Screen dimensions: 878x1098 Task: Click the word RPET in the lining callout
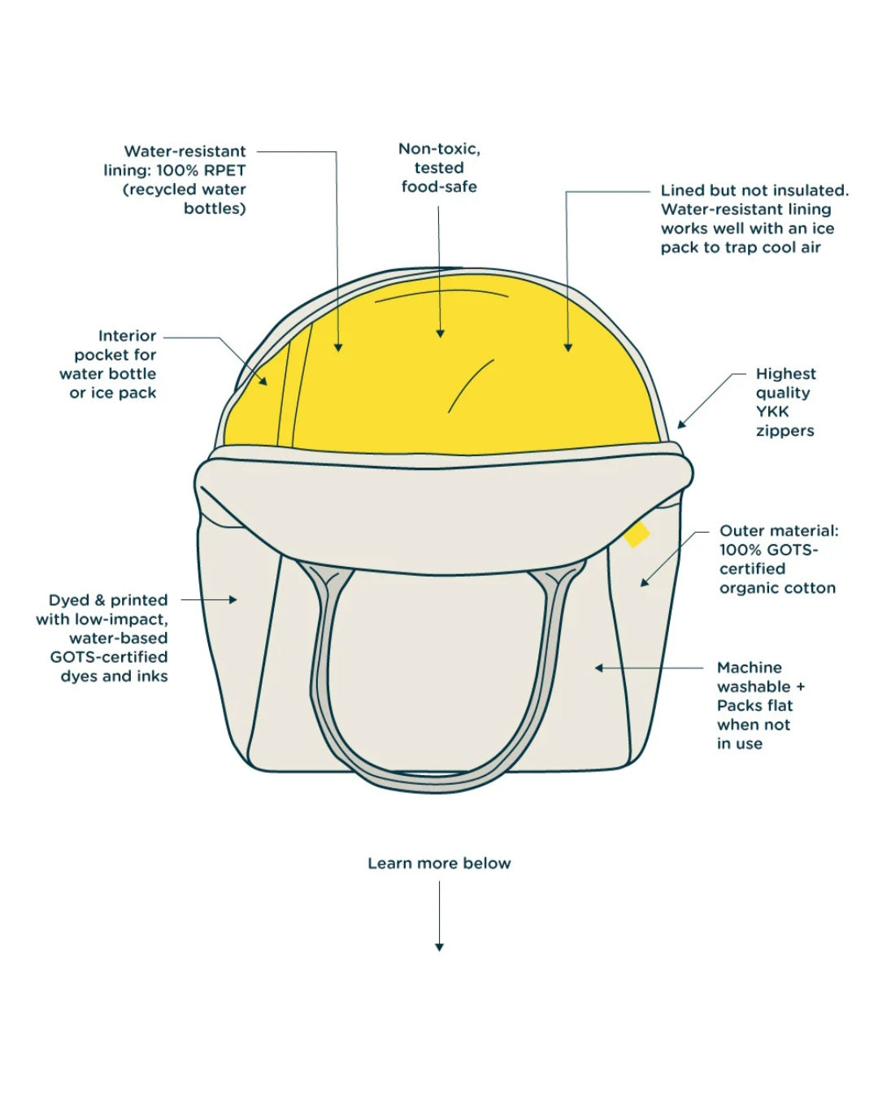(224, 170)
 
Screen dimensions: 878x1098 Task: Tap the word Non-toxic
(439, 149)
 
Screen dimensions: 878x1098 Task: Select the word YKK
(772, 412)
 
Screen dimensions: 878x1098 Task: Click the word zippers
(785, 431)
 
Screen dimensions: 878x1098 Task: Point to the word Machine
(749, 668)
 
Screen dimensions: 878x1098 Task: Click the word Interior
(127, 336)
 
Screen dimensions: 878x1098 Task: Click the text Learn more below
(439, 863)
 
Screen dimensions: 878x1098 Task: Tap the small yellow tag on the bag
(637, 534)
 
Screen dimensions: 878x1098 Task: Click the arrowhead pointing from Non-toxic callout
(440, 333)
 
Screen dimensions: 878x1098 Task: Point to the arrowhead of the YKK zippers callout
(680, 424)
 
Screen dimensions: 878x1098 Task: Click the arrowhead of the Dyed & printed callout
(233, 600)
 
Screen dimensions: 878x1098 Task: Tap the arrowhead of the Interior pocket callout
(263, 381)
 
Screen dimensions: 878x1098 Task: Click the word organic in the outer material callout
(749, 588)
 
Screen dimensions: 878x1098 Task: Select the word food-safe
(439, 187)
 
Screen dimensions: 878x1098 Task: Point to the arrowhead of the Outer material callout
(645, 582)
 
